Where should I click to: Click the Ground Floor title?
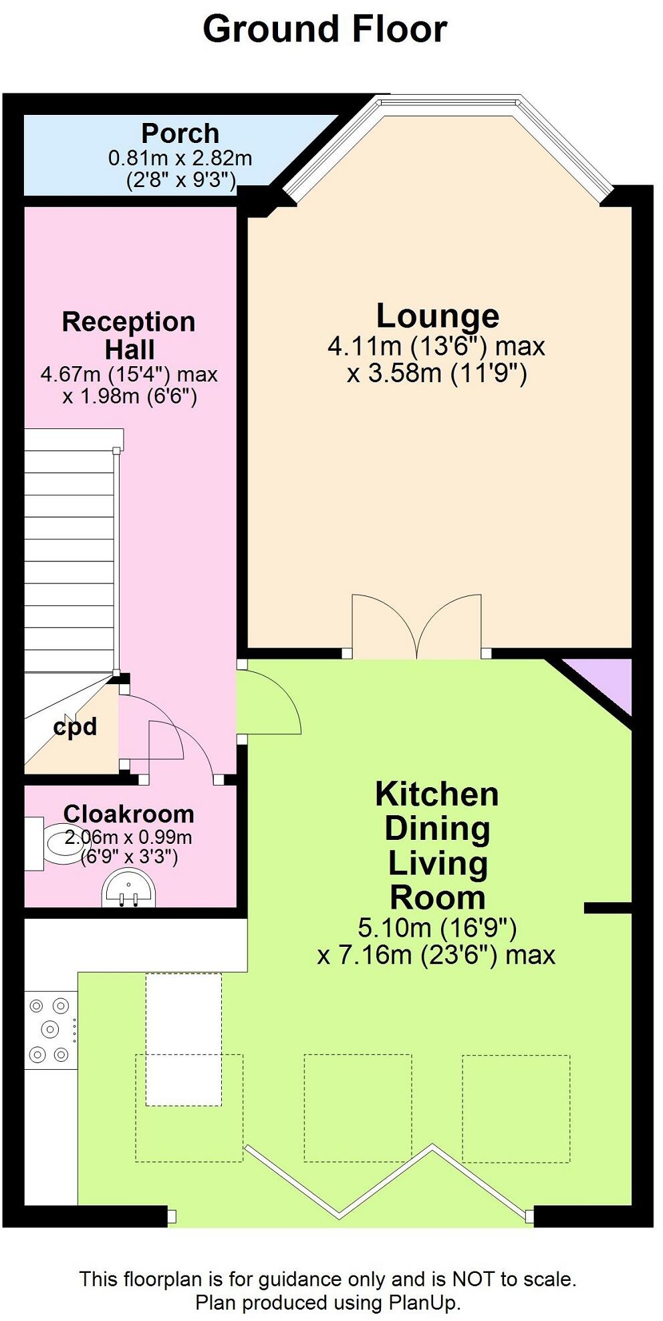pyautogui.click(x=325, y=29)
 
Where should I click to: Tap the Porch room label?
pyautogui.click(x=180, y=134)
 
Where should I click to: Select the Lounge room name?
pyautogui.click(x=438, y=315)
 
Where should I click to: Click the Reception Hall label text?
pyautogui.click(x=129, y=335)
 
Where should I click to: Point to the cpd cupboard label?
pyautogui.click(x=75, y=726)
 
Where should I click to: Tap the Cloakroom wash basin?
pyautogui.click(x=128, y=889)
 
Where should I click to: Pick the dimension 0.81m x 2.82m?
pyautogui.click(x=180, y=158)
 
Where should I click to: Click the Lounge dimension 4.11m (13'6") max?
pyautogui.click(x=436, y=346)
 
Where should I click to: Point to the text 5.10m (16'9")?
pyautogui.click(x=437, y=927)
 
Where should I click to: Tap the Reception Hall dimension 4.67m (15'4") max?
pyautogui.click(x=129, y=374)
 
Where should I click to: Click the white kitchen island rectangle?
pyautogui.click(x=184, y=1039)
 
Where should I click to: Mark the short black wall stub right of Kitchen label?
pyautogui.click(x=608, y=907)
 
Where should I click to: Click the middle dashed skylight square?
pyautogui.click(x=358, y=1108)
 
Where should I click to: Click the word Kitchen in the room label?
pyautogui.click(x=437, y=794)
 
